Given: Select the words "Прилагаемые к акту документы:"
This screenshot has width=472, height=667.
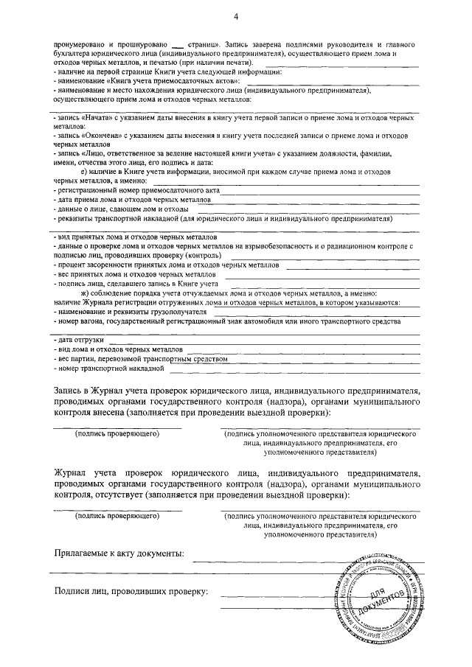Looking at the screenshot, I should tap(119, 553).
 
